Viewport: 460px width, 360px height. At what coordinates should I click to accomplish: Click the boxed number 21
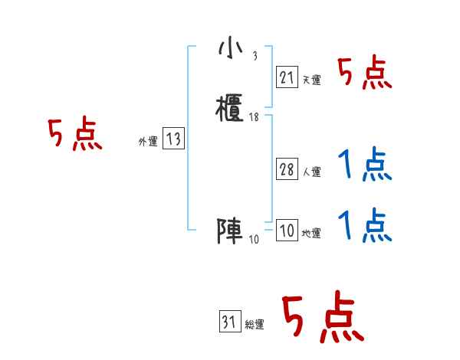coord(286,77)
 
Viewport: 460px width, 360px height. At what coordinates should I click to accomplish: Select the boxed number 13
coord(173,139)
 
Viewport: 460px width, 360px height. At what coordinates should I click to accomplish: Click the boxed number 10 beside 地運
coord(286,231)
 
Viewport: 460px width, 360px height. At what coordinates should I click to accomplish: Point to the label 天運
coord(311,80)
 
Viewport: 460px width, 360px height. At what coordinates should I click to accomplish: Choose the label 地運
coord(311,234)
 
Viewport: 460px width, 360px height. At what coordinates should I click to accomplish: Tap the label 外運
coord(147,142)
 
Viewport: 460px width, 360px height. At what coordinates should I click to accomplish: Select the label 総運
coord(255,326)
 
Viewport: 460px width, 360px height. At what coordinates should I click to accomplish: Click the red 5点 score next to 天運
coord(365,74)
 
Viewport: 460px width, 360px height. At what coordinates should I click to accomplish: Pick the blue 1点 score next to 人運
coord(365,165)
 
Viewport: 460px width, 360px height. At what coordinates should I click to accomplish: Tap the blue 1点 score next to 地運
coord(365,227)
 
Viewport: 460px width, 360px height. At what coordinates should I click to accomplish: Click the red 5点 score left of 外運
coord(74,135)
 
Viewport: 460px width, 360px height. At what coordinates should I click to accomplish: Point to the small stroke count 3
coord(254,57)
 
